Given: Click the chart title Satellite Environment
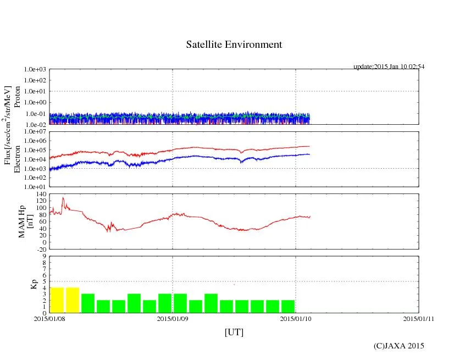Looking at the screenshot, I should [x=234, y=45].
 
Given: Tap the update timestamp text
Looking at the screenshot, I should [x=389, y=67].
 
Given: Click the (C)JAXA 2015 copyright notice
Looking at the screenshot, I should [x=398, y=346].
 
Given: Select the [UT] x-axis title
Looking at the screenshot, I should [x=234, y=332].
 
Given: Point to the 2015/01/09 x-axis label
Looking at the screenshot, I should [x=173, y=318].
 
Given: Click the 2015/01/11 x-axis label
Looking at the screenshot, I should [x=419, y=318].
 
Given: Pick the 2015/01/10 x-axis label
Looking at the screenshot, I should [x=296, y=318].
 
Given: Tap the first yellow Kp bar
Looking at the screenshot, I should [x=57, y=300].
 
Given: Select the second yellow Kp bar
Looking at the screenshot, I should [x=72, y=300].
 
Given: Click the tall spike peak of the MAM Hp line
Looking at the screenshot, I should [x=63, y=198].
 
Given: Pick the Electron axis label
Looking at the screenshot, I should [x=17, y=159].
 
